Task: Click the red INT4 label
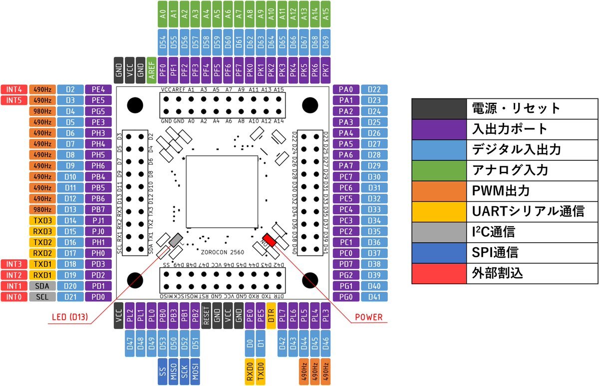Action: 14,89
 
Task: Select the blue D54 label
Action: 163,45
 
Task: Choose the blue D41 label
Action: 374,297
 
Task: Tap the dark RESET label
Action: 207,316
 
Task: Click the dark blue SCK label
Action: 184,373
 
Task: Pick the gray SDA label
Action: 42,286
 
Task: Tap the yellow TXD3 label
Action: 42,220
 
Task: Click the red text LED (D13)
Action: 71,317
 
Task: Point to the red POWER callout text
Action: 368,317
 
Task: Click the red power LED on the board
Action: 270,240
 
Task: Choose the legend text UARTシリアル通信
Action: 527,212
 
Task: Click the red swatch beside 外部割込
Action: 439,274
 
